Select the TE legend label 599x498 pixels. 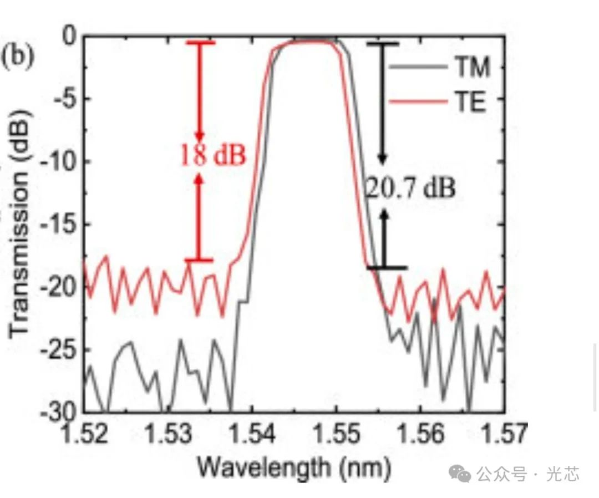point(471,102)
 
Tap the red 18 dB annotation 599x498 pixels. point(212,156)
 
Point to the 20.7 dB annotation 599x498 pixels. point(410,189)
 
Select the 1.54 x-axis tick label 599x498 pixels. point(252,434)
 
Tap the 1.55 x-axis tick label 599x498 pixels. point(336,434)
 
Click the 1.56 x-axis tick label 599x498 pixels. point(420,434)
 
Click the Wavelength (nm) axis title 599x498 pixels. point(295,469)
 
